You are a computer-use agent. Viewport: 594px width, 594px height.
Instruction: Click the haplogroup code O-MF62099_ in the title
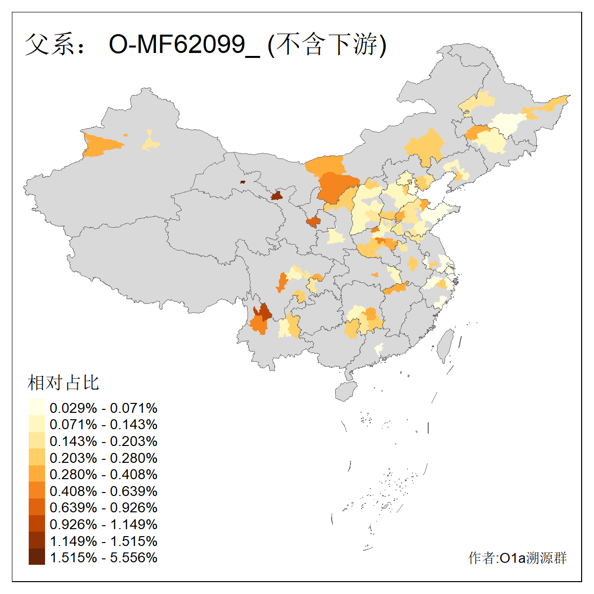click(184, 45)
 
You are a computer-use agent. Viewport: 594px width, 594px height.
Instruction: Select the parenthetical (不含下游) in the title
click(327, 45)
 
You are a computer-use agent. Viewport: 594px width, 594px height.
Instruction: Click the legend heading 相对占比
click(63, 383)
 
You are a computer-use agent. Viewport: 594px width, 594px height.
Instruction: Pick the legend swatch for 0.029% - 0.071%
click(37, 408)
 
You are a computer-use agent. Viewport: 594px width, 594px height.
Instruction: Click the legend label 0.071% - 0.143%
click(103, 425)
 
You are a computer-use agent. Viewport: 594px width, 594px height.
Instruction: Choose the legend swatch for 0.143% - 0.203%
click(37, 441)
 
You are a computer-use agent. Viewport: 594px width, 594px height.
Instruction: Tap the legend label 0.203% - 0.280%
click(103, 458)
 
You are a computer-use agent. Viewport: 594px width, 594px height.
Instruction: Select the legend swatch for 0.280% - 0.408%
click(37, 474)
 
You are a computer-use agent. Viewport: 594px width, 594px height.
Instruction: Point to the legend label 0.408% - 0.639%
click(103, 491)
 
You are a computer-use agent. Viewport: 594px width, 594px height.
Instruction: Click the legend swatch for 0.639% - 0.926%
click(37, 507)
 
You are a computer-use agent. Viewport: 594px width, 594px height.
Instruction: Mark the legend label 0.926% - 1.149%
click(103, 524)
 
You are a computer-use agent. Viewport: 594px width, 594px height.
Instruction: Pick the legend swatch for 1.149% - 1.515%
click(37, 541)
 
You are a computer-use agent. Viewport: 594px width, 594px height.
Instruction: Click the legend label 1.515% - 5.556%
click(103, 557)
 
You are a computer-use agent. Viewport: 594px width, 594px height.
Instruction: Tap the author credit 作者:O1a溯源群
click(517, 558)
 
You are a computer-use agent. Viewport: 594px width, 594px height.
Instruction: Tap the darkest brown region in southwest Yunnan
click(263, 312)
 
